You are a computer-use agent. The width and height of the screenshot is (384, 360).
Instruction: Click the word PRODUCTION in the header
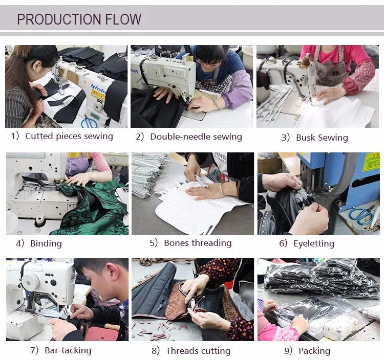[x=59, y=19]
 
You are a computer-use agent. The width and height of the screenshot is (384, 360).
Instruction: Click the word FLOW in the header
[x=123, y=19]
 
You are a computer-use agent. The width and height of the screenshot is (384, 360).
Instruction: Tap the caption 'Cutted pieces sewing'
[x=69, y=136]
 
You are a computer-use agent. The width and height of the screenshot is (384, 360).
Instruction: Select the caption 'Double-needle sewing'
[x=196, y=137]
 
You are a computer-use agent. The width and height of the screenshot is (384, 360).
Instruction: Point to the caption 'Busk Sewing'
[x=322, y=138]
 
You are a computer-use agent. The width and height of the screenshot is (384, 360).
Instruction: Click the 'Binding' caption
[x=46, y=243]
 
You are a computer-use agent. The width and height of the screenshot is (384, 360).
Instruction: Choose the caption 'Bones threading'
[x=198, y=243]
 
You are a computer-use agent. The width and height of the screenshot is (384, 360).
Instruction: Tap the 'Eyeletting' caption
[x=314, y=243]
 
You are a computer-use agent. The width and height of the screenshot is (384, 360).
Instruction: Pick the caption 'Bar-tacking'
[x=68, y=350]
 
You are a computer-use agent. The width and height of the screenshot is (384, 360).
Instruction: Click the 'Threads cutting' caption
[x=198, y=351]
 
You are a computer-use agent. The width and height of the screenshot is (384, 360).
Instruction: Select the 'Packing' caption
[x=314, y=351]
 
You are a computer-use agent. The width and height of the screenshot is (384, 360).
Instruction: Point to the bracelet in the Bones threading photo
[x=222, y=189]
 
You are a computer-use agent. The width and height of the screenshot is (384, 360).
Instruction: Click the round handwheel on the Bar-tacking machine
[x=31, y=282]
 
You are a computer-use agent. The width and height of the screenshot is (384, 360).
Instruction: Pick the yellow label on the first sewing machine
[x=98, y=94]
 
